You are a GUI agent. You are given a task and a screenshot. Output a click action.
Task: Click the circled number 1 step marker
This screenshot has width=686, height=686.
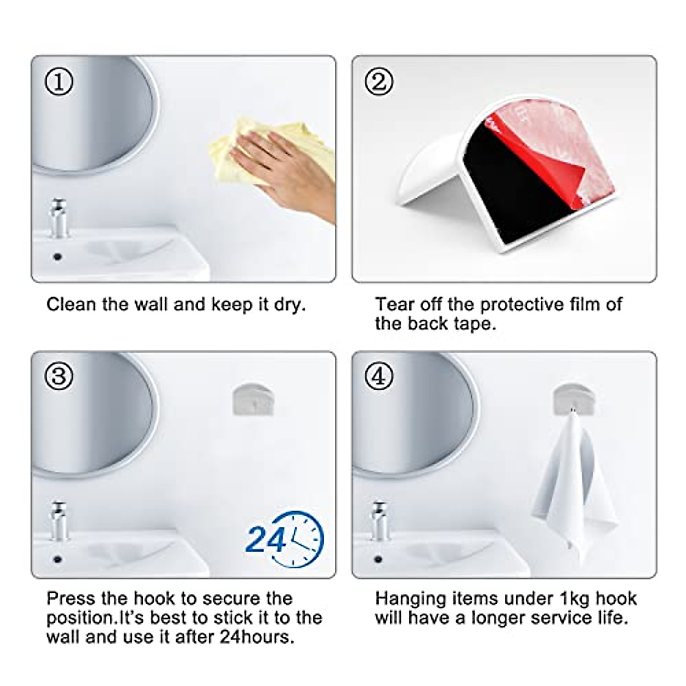coord(59,82)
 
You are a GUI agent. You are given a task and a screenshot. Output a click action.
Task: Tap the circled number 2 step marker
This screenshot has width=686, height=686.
coord(378,82)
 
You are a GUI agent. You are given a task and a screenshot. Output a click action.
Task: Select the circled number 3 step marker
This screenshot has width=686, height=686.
coord(59,377)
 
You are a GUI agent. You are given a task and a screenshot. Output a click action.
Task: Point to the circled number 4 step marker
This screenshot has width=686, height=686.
coord(378,377)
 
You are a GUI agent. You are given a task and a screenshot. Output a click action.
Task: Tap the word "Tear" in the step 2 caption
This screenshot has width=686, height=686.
coord(394,304)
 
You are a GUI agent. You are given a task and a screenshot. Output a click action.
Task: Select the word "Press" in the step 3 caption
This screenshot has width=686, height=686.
coord(71,599)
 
